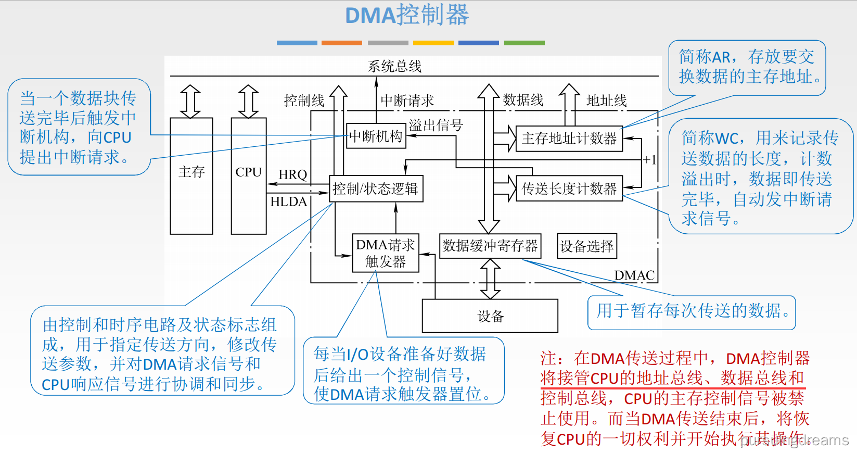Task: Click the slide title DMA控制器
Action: tap(407, 15)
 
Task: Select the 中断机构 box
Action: tap(376, 136)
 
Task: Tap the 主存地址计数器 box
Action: tap(569, 139)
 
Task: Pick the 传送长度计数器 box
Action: tap(569, 188)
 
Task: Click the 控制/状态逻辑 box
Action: tap(376, 188)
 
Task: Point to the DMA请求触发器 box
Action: tap(386, 253)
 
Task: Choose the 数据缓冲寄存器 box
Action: tap(490, 246)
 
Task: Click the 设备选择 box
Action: tap(587, 246)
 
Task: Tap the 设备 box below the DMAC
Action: tap(490, 316)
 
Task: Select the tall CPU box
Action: tap(249, 175)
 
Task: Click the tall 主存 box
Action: tap(191, 175)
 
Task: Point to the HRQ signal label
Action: tap(293, 174)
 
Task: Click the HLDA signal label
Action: tap(289, 202)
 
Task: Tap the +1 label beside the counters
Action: tap(649, 160)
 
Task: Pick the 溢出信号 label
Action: tap(436, 125)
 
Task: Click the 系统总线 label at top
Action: tap(394, 66)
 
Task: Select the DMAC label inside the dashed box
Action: tap(634, 275)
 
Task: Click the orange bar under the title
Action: tap(341, 43)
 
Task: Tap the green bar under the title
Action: tap(525, 43)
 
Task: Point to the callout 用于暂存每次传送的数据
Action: tap(692, 311)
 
